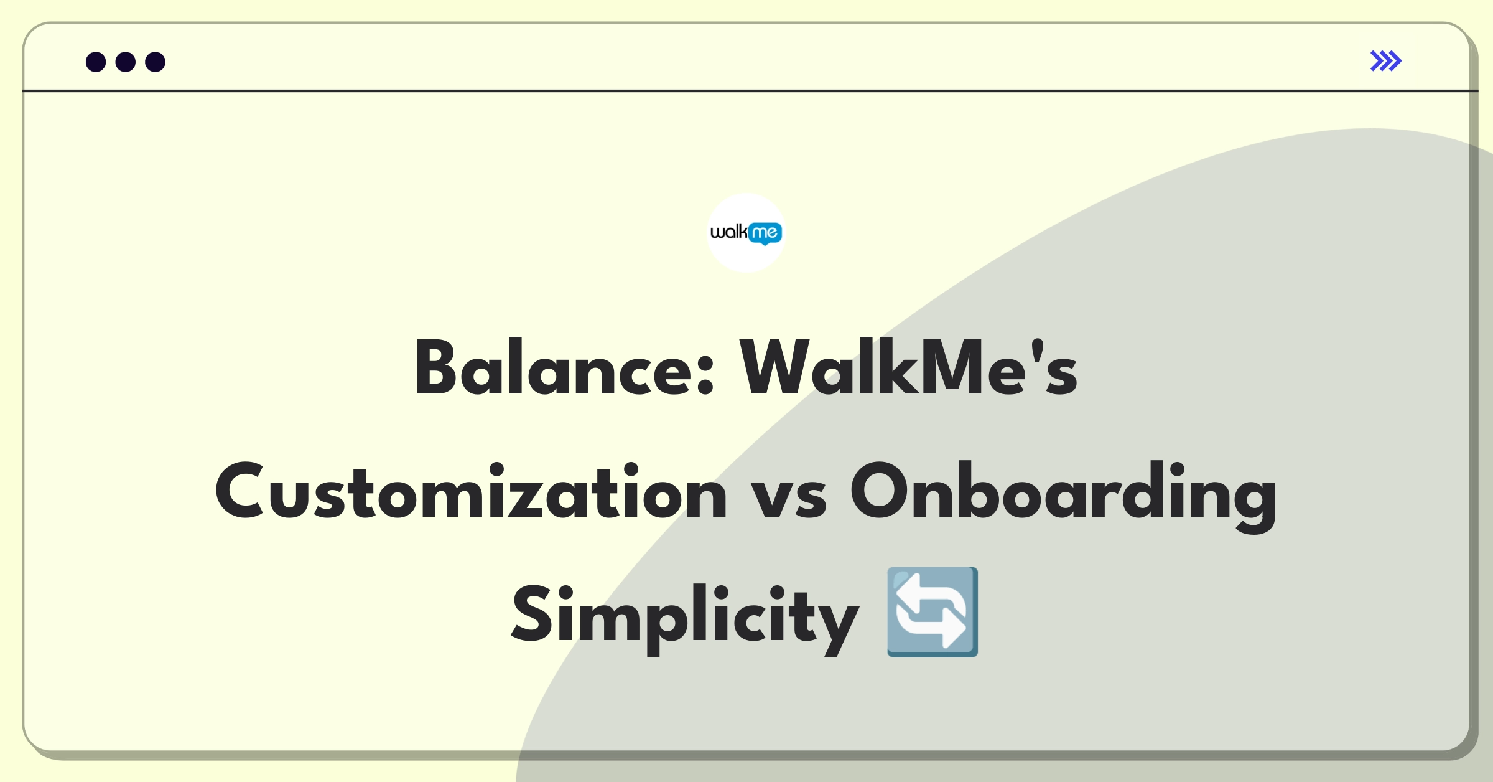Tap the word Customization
click(471, 491)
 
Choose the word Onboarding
click(1063, 496)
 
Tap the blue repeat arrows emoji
click(933, 612)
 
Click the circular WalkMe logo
click(746, 233)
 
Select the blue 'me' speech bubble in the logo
click(765, 233)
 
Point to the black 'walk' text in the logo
click(729, 232)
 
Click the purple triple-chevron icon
click(1386, 61)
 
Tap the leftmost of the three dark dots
click(96, 62)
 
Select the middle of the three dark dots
click(126, 62)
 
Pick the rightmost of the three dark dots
click(156, 62)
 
